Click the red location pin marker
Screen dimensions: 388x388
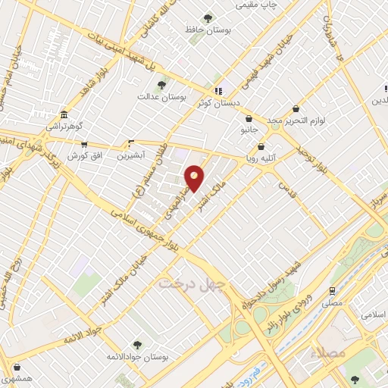[x=194, y=177]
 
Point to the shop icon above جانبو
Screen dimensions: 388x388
[x=249, y=118]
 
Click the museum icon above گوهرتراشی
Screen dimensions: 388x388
[x=63, y=116]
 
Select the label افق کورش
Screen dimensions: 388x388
[x=83, y=155]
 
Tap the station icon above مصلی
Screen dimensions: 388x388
[x=332, y=290]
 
